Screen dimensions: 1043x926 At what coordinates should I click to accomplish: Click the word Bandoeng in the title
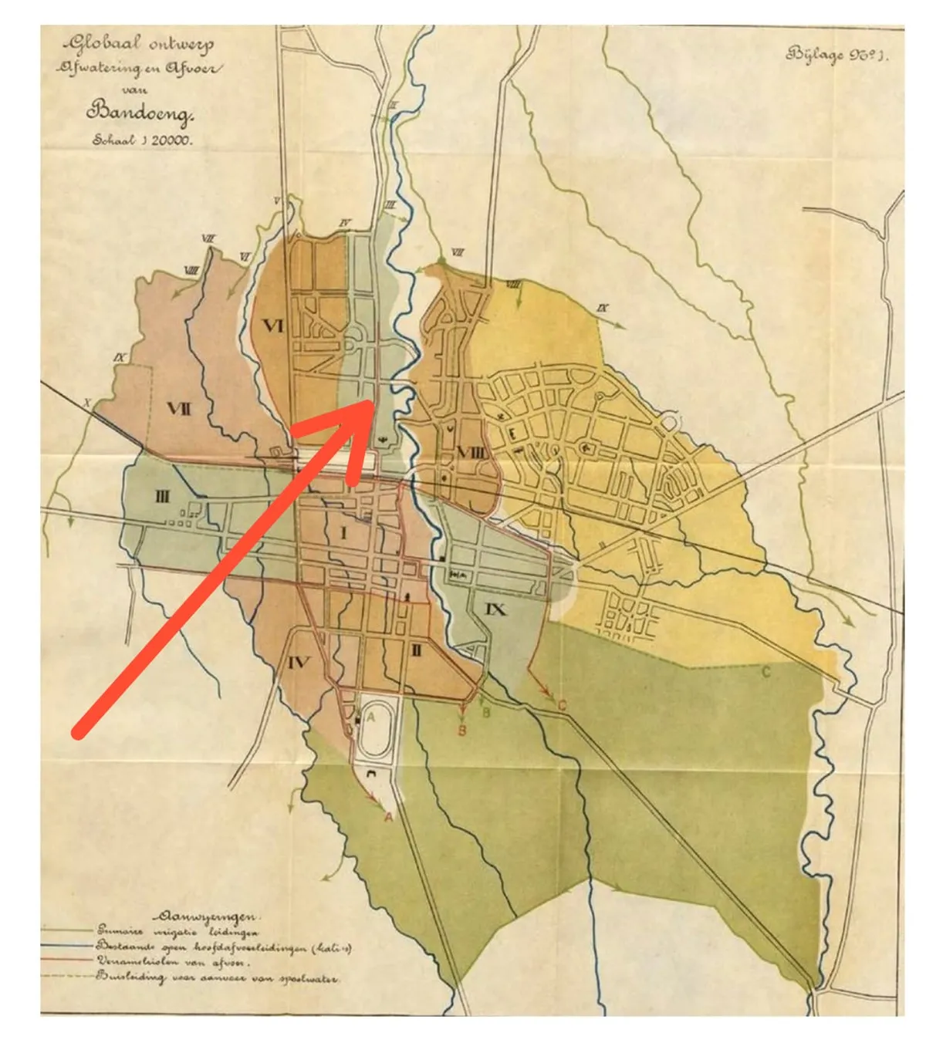tap(140, 113)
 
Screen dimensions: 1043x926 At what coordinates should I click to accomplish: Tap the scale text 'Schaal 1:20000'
tap(143, 140)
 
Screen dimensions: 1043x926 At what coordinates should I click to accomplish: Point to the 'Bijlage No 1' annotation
tap(836, 55)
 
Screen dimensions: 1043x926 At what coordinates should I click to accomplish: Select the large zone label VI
tap(273, 327)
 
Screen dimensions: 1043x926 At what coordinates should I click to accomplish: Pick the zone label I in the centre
tap(343, 532)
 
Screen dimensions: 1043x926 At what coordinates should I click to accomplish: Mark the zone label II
tap(416, 650)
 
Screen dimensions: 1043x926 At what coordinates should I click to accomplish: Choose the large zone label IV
tap(299, 662)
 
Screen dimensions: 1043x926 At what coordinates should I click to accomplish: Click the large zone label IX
tap(495, 609)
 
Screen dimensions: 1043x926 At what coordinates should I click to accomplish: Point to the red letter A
tap(389, 816)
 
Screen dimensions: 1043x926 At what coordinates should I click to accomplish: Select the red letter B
tap(462, 730)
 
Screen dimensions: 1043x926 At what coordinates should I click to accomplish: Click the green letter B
tap(486, 712)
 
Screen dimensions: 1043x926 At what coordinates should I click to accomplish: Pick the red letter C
tap(562, 705)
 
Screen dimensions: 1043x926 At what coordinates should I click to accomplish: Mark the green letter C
tap(765, 672)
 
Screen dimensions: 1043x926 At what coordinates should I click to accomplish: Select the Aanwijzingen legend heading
tap(207, 916)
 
